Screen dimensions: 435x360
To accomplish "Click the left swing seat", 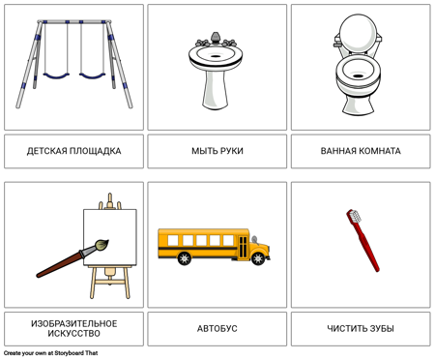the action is point(56,76).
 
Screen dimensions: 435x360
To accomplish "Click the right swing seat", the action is point(92,76).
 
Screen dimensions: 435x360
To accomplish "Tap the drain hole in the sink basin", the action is point(216,56).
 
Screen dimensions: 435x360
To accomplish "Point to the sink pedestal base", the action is point(216,90).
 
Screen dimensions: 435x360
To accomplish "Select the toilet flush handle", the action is point(337,43).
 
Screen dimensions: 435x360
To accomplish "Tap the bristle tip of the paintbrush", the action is point(102,245).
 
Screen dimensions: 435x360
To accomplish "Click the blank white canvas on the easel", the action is point(110,237).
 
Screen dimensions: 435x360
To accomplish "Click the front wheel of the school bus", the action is point(258,258).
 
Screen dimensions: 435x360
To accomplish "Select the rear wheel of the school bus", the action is point(185,258).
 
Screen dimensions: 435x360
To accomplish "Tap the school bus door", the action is point(244,247).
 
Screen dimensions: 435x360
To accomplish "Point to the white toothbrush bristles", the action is point(356,216).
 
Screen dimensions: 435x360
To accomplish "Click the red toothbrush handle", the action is point(365,244).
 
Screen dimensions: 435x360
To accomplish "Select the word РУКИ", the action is point(231,151).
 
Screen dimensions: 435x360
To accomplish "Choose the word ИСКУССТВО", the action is point(73,334).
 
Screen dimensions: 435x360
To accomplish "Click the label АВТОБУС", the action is point(217,329).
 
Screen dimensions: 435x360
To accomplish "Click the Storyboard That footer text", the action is point(51,353).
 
